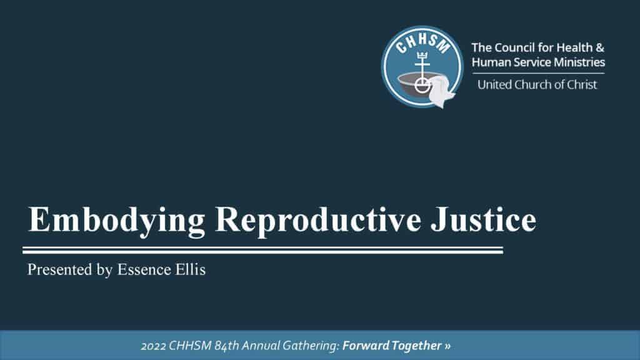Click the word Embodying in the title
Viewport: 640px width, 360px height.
click(116, 221)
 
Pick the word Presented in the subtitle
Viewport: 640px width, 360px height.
click(59, 269)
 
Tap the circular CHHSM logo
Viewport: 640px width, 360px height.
click(422, 67)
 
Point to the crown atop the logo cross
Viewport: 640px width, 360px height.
click(422, 56)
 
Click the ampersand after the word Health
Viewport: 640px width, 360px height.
click(599, 47)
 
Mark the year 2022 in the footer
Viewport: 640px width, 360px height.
click(153, 346)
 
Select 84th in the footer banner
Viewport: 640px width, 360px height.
click(226, 346)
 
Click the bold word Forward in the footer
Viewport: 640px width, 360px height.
click(366, 346)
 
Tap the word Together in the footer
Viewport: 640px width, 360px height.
click(416, 346)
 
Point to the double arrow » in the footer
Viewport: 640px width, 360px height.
click(447, 346)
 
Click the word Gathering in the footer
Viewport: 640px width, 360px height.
click(311, 346)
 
